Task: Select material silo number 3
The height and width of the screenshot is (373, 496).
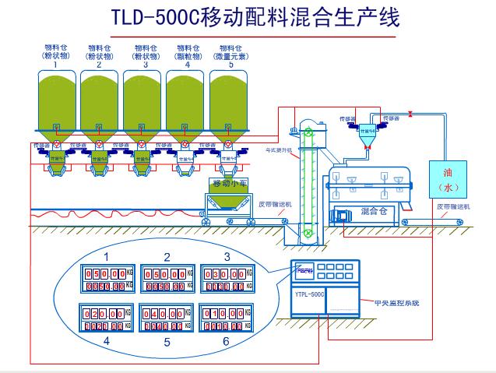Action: click(x=143, y=101)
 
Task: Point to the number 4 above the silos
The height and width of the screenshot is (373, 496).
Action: click(x=188, y=65)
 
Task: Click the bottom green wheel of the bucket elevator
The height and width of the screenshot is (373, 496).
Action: click(x=308, y=232)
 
